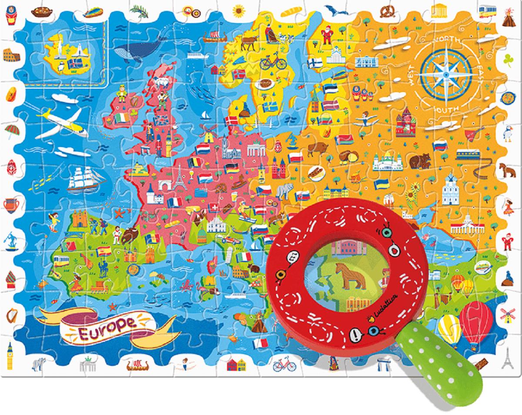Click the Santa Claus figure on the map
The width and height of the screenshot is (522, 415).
coord(326,34)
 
